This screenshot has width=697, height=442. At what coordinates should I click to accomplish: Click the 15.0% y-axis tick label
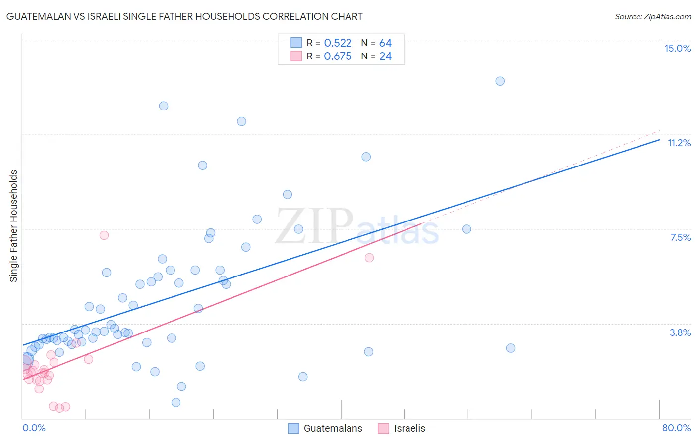(x=677, y=48)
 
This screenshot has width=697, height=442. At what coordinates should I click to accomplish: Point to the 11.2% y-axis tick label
(x=679, y=143)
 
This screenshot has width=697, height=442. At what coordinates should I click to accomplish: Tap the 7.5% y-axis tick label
(x=680, y=237)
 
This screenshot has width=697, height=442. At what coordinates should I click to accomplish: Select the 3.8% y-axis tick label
(x=680, y=332)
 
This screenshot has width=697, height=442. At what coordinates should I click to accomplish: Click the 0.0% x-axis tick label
(x=34, y=428)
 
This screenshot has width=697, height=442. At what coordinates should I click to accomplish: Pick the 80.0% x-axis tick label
(x=676, y=428)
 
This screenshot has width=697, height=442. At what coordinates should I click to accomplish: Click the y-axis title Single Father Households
(x=14, y=226)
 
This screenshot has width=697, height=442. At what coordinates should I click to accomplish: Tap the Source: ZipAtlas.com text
(x=652, y=16)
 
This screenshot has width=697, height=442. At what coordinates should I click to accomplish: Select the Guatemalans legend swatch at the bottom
(x=293, y=428)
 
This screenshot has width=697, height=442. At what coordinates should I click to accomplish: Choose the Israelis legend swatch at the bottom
(x=383, y=428)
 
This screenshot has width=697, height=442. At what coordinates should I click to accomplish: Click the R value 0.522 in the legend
(x=338, y=43)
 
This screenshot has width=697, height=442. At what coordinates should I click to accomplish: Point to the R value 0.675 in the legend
(x=338, y=56)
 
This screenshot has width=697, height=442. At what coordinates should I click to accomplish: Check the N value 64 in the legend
(x=385, y=43)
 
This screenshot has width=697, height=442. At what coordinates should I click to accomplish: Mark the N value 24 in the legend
(x=385, y=56)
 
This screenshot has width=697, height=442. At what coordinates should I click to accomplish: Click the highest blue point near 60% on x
(x=500, y=81)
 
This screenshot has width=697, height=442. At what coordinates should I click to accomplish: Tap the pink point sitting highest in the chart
(x=104, y=235)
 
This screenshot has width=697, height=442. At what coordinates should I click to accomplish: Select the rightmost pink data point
(x=369, y=258)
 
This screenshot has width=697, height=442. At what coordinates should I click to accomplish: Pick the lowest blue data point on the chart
(x=176, y=402)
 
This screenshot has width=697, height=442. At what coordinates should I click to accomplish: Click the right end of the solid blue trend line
(x=659, y=140)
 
